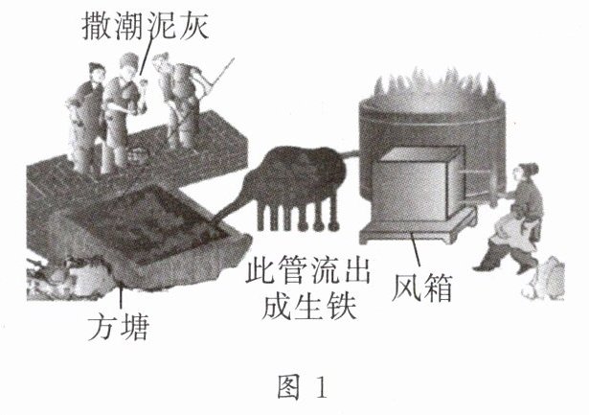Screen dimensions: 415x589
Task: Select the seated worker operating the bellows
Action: click(515, 216)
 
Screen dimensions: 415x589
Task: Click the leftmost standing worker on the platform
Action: click(86, 115)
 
